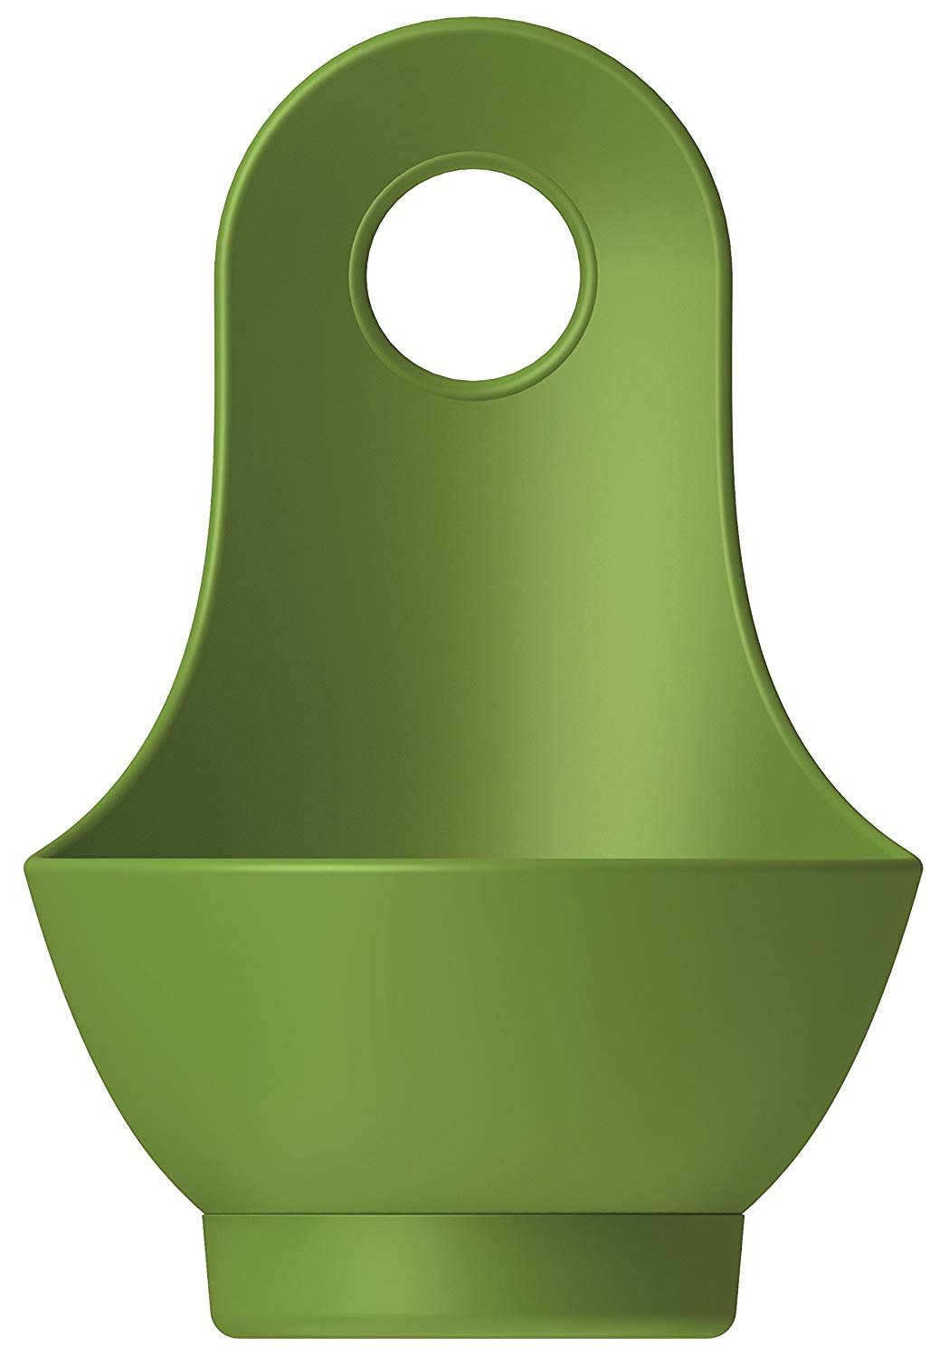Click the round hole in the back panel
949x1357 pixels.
tap(472, 277)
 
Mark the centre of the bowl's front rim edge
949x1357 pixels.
tap(472, 868)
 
